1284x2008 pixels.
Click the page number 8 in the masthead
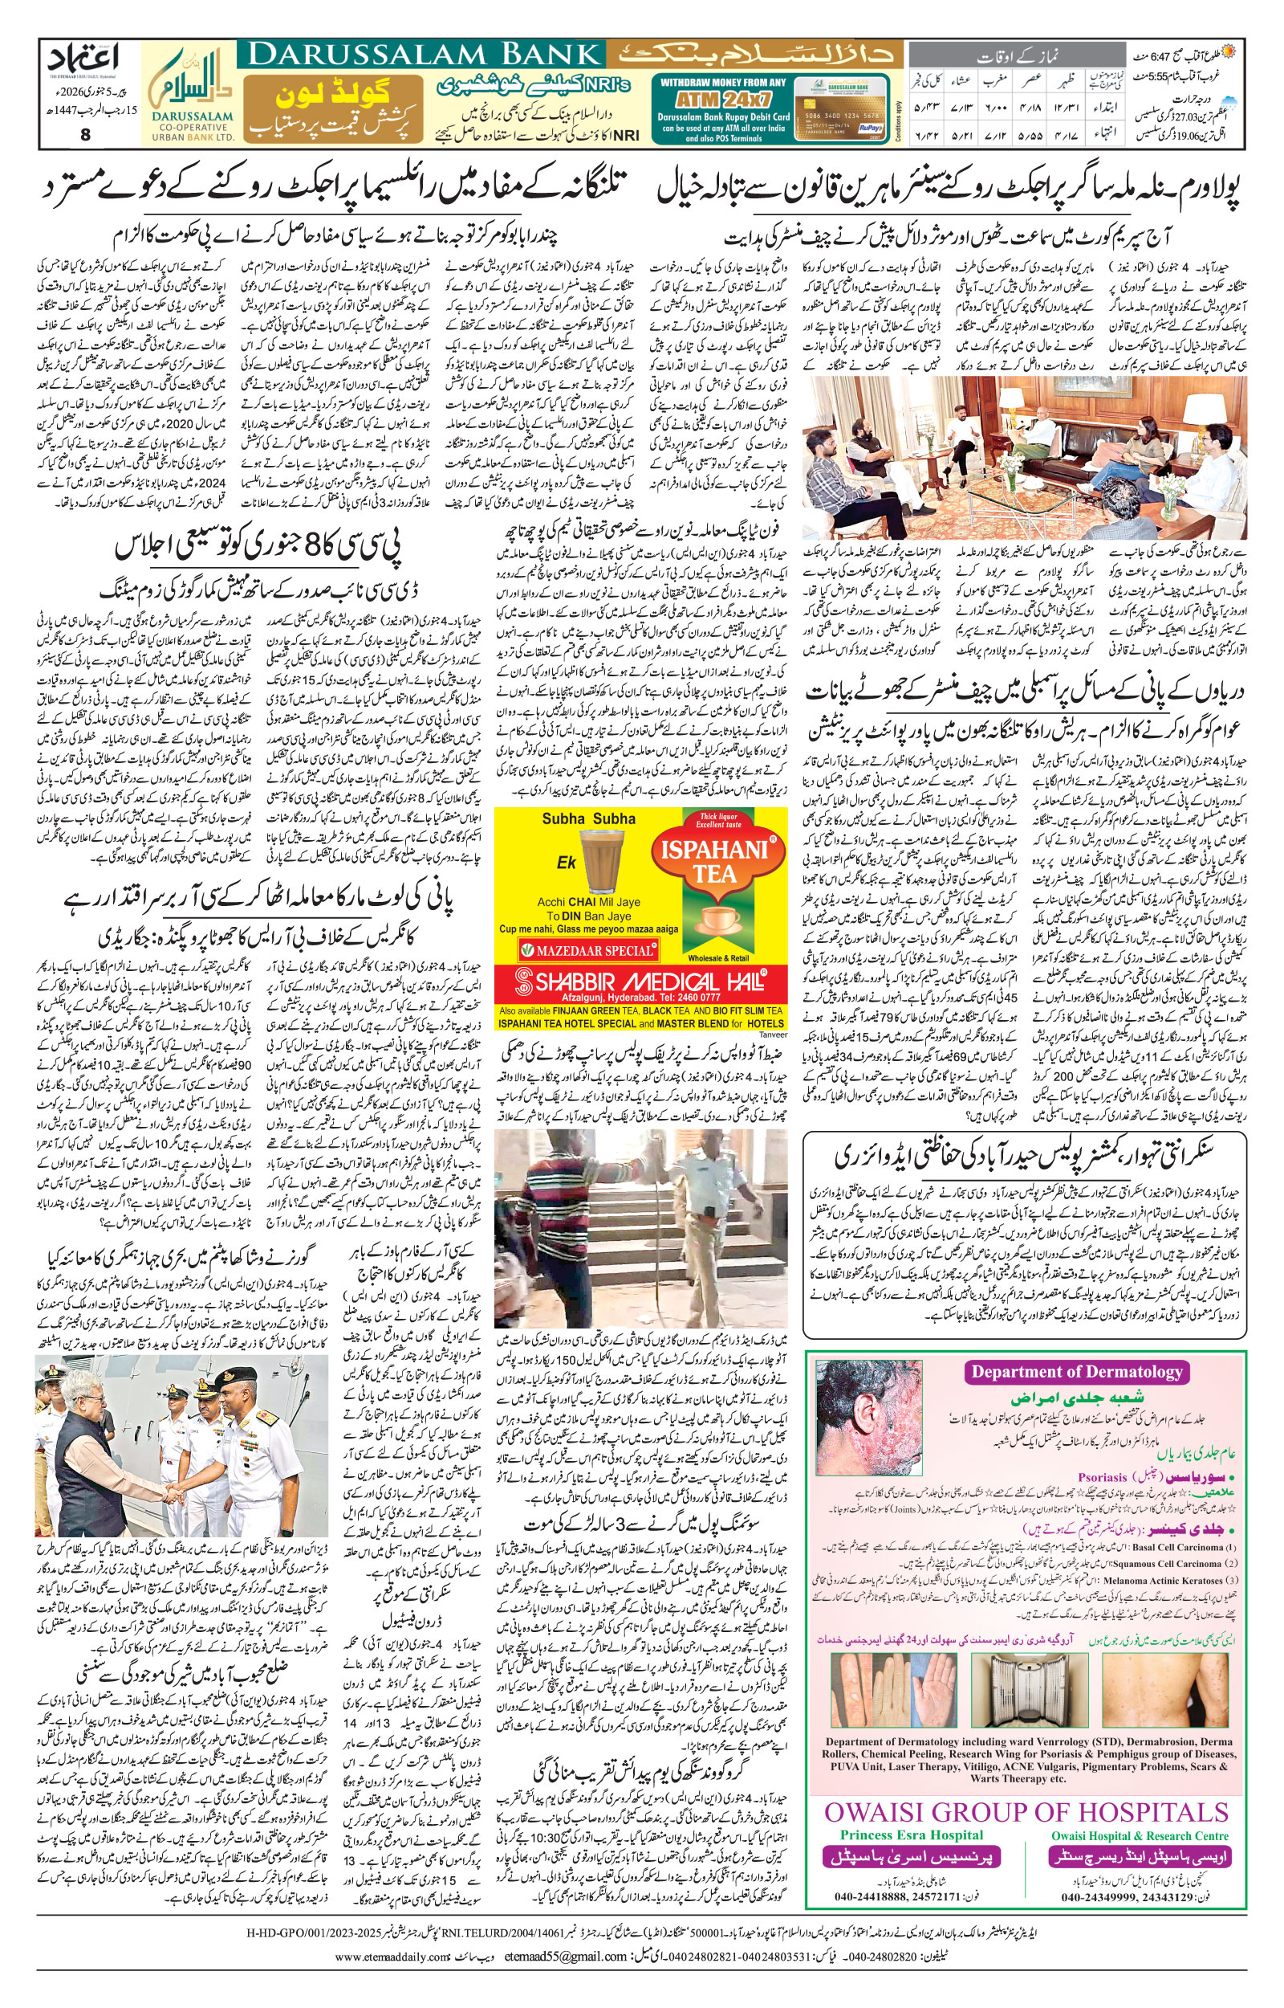coord(86,133)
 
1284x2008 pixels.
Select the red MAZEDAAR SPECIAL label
coord(589,950)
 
